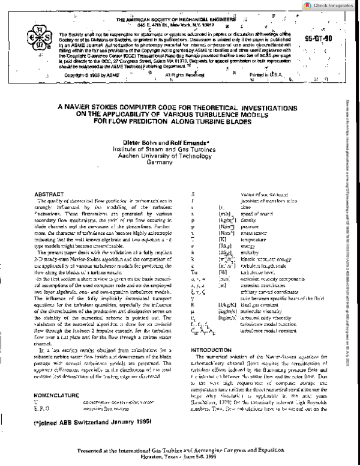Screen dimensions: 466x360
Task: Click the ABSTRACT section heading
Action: (x=49, y=195)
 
